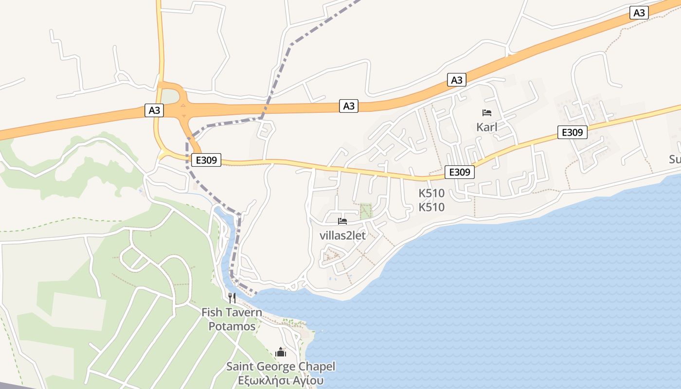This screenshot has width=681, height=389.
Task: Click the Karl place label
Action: point(487,127)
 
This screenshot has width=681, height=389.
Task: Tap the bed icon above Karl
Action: point(487,113)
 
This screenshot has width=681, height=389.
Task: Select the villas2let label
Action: point(342,236)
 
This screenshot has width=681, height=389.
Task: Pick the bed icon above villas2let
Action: point(342,221)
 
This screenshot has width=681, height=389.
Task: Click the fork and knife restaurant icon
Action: point(232,298)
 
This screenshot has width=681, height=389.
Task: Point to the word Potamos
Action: point(232,326)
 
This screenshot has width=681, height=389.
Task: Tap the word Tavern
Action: point(244,312)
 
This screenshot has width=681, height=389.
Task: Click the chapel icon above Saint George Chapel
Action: point(281,352)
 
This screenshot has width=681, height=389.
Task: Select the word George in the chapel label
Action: point(281,367)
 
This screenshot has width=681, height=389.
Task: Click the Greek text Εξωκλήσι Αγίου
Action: point(281,381)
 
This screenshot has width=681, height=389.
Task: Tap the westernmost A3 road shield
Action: point(154,110)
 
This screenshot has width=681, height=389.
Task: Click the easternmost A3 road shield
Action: point(639,13)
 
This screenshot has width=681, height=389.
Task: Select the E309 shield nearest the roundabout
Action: point(206,159)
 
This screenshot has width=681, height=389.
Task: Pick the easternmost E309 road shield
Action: point(573,132)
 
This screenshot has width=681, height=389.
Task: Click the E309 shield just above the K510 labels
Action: point(460,172)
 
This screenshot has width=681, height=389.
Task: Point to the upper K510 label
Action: point(431,193)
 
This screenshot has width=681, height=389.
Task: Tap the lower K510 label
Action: point(431,208)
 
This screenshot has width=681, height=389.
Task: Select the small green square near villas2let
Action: point(365,211)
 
